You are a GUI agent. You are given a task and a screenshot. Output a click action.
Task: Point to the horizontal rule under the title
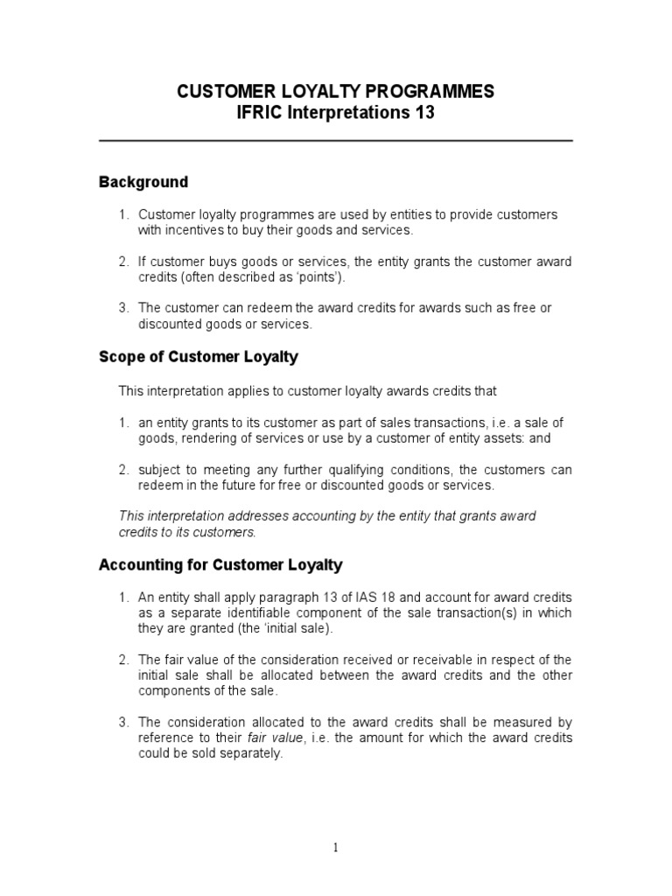335,141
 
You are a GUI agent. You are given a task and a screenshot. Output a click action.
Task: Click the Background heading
143,182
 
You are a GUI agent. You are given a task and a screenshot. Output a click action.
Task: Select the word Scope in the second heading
120,356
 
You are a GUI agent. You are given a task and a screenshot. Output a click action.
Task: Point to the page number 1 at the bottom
336,846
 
